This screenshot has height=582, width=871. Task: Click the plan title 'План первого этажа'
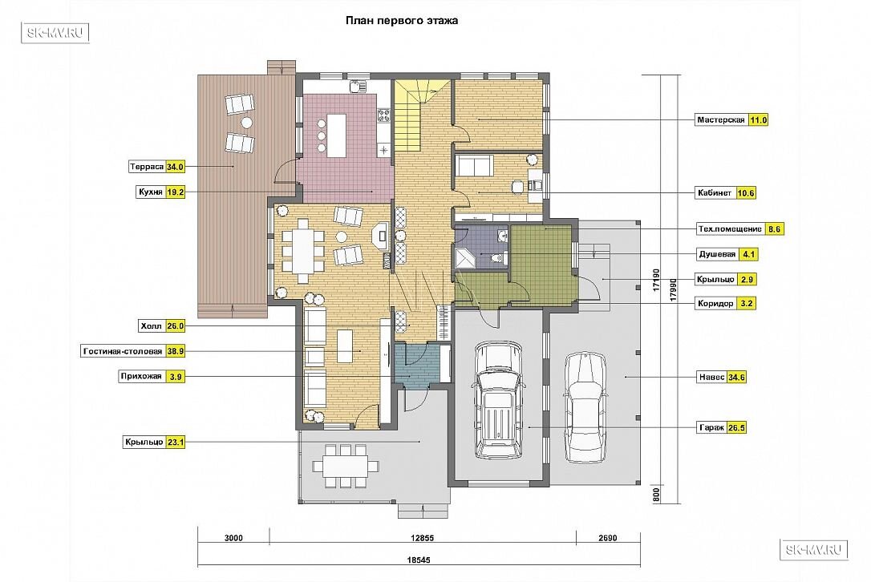pos(402,21)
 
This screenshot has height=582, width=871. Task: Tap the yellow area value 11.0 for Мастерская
pos(758,120)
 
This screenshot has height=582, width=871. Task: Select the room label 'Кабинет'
pos(715,193)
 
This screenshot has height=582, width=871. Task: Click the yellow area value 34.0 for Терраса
pos(175,167)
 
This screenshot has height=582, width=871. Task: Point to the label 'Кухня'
pos(151,192)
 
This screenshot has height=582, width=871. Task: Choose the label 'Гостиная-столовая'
pos(123,352)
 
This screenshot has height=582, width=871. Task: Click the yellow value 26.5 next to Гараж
pos(736,427)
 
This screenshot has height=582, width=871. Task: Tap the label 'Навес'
pos(711,377)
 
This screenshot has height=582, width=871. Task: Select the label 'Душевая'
pos(717,254)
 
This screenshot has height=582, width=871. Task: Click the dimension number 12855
pos(422,538)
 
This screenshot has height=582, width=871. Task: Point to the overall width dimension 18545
pos(419,560)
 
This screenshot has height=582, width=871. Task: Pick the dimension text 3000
pos(233,538)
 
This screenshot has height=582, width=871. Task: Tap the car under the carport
pos(585,407)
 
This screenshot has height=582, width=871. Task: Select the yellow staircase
pos(414,116)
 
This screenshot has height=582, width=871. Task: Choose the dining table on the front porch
pos(346,466)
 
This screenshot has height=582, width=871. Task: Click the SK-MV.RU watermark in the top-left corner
pos(55,33)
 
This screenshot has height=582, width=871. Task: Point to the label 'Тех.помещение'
pos(730,228)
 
